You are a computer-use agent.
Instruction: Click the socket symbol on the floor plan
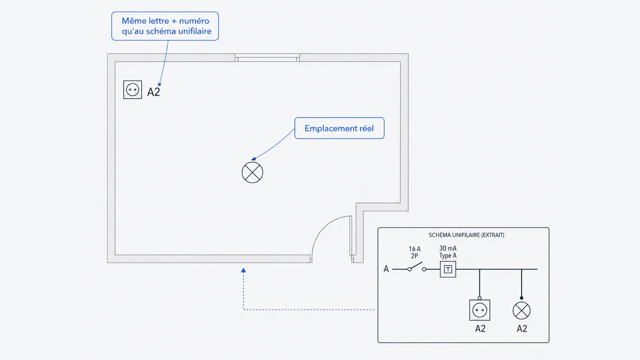coord(132,90)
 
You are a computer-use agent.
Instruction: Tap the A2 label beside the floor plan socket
coord(153,92)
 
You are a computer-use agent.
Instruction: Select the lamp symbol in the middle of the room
coord(252,173)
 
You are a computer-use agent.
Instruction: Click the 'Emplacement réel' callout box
coord(340,128)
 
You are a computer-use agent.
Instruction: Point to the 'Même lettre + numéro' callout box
coord(165,26)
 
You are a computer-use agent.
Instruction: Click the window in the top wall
coord(267,58)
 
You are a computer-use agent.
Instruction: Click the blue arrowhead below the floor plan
coord(243,270)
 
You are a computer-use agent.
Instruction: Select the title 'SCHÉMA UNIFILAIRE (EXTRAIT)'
coord(467,235)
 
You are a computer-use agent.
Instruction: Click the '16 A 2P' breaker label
coord(415,252)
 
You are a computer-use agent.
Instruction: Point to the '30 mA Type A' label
coord(448,252)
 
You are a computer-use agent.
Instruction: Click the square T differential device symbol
coord(448,269)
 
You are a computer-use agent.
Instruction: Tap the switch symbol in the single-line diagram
coord(417,267)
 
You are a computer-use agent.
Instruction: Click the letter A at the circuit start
coord(386,269)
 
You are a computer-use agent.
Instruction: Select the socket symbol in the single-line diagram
coord(480,310)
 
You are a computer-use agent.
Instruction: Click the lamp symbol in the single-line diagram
coord(522,311)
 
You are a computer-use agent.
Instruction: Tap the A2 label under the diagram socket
coord(480,329)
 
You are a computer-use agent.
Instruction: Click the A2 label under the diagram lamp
coord(522,329)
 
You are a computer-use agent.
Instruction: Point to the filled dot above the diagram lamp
coord(522,298)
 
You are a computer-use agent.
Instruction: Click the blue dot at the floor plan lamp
coord(254,159)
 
